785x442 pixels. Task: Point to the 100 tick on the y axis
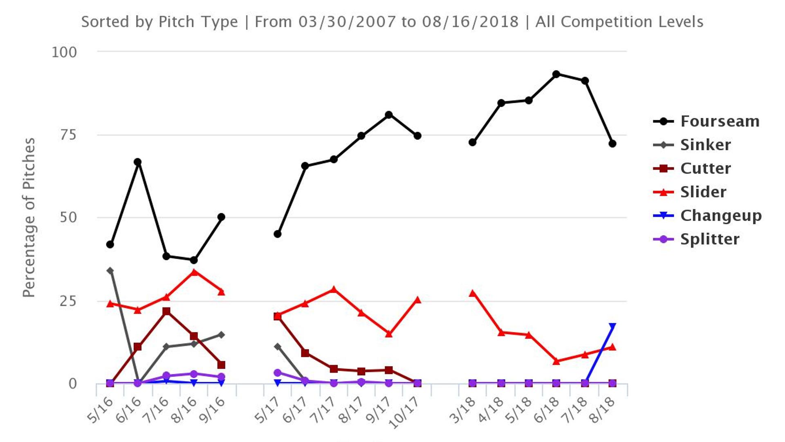coord(64,52)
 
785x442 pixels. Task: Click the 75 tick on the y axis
coord(68,135)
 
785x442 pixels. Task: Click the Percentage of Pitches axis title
coord(29,217)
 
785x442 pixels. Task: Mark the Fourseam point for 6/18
coord(556,74)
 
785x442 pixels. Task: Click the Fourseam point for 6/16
coord(138,162)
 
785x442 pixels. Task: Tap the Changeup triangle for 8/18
coord(612,326)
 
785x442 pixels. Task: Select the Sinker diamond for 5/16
coord(110,271)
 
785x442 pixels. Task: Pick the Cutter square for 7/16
coord(166,311)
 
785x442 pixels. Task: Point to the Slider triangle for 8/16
coord(194,272)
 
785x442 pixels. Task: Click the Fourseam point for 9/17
coord(389,115)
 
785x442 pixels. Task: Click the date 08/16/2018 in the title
coord(470,22)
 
